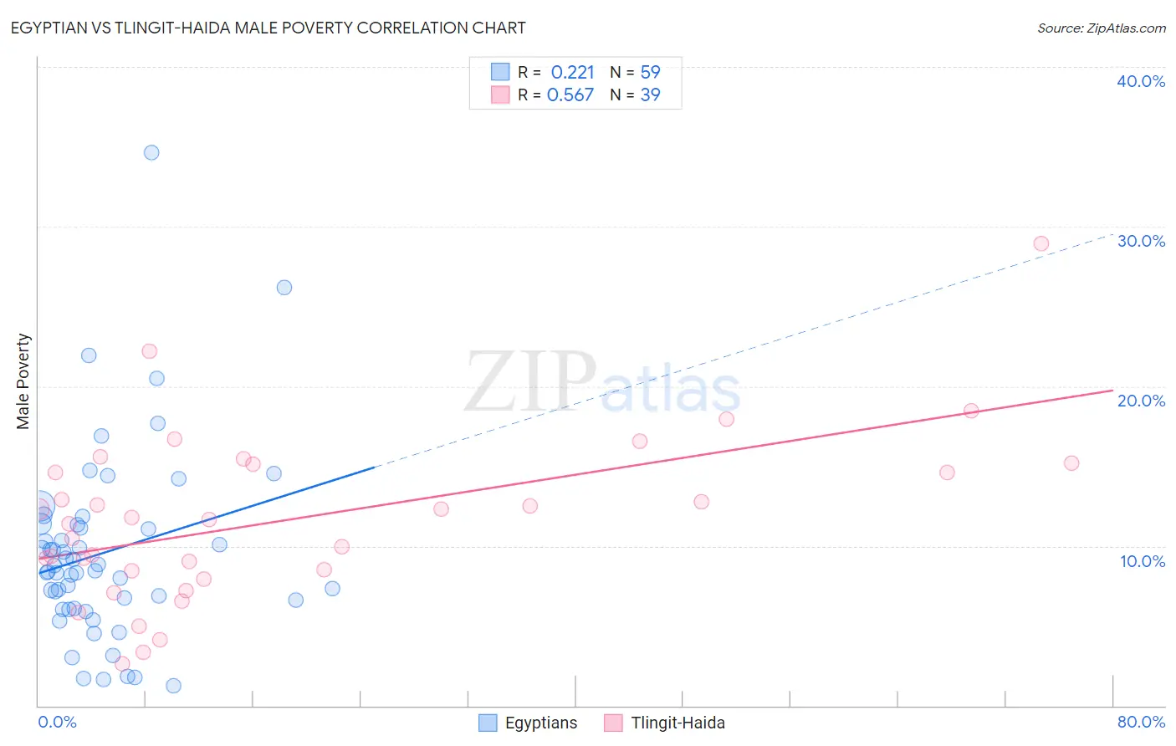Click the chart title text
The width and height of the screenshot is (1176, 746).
268,28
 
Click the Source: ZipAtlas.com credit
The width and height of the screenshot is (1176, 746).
1101,28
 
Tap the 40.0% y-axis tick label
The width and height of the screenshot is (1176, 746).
1140,81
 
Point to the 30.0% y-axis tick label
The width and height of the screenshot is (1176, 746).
1140,241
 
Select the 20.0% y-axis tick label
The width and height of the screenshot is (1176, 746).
1140,401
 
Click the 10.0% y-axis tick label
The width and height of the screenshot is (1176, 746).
1142,561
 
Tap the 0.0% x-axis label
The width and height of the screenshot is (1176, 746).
57,722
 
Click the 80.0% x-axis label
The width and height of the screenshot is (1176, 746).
1141,722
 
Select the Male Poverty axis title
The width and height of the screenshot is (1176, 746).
23,381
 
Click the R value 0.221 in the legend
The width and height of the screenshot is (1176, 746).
572,72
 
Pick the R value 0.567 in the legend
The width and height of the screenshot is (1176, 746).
570,95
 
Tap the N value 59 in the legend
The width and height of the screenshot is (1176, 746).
650,72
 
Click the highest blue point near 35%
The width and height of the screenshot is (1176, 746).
151,152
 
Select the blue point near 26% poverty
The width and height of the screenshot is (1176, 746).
284,288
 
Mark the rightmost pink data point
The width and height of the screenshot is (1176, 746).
1071,463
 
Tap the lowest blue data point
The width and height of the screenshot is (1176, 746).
173,686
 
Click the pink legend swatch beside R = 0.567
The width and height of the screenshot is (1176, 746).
500,95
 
